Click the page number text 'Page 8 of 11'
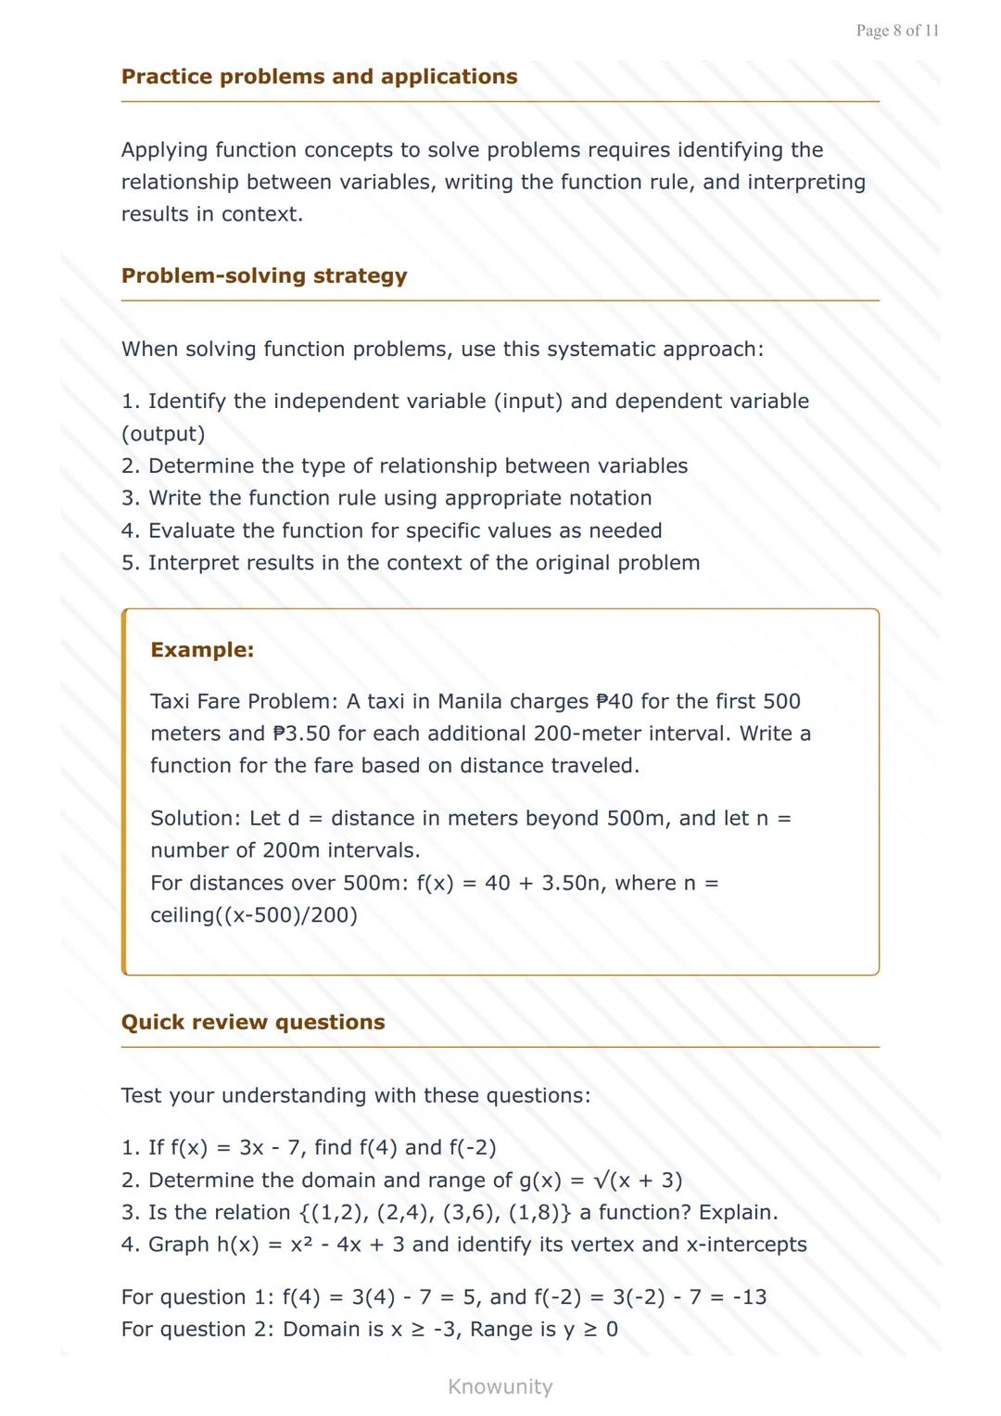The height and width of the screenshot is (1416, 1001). click(x=897, y=31)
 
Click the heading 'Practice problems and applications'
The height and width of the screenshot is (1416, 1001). click(x=319, y=76)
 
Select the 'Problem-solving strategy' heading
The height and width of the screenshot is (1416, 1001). click(x=264, y=275)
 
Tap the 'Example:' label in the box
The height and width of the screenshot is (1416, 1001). click(x=202, y=649)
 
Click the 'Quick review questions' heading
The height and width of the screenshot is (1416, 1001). click(x=253, y=1022)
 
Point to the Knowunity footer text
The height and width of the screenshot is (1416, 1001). click(x=500, y=1386)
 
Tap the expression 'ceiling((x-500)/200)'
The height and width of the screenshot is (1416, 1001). click(x=254, y=915)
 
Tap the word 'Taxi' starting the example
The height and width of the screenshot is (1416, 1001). click(x=171, y=701)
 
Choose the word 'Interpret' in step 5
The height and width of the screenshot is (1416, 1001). click(x=196, y=563)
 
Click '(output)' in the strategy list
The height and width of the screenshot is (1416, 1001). click(x=163, y=434)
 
